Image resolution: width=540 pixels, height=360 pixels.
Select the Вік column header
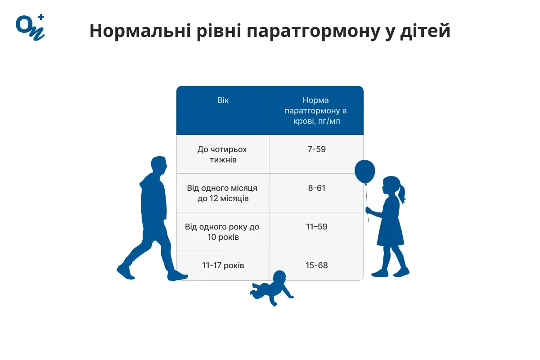click(223, 100)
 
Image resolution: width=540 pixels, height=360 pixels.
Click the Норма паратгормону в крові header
click(316, 111)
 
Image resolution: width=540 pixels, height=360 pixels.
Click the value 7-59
click(316, 149)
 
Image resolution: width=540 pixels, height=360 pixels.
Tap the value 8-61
click(316, 188)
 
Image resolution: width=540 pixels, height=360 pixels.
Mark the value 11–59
click(316, 227)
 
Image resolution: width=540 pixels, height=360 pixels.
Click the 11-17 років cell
click(223, 265)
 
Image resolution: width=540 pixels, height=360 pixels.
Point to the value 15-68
click(316, 265)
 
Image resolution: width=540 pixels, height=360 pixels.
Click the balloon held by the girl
click(364, 171)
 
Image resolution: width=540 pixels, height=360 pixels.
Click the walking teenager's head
click(158, 166)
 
